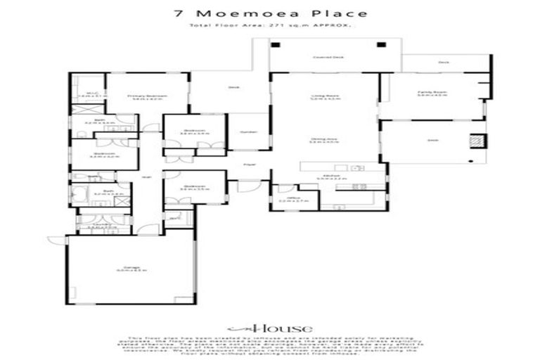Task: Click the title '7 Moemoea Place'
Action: coord(269,13)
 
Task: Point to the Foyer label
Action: coord(248,165)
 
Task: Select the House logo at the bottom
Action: coord(269,328)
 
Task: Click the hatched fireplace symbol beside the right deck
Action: coord(476,141)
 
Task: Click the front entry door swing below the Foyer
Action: coord(247,186)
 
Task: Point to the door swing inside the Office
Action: coord(284,188)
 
